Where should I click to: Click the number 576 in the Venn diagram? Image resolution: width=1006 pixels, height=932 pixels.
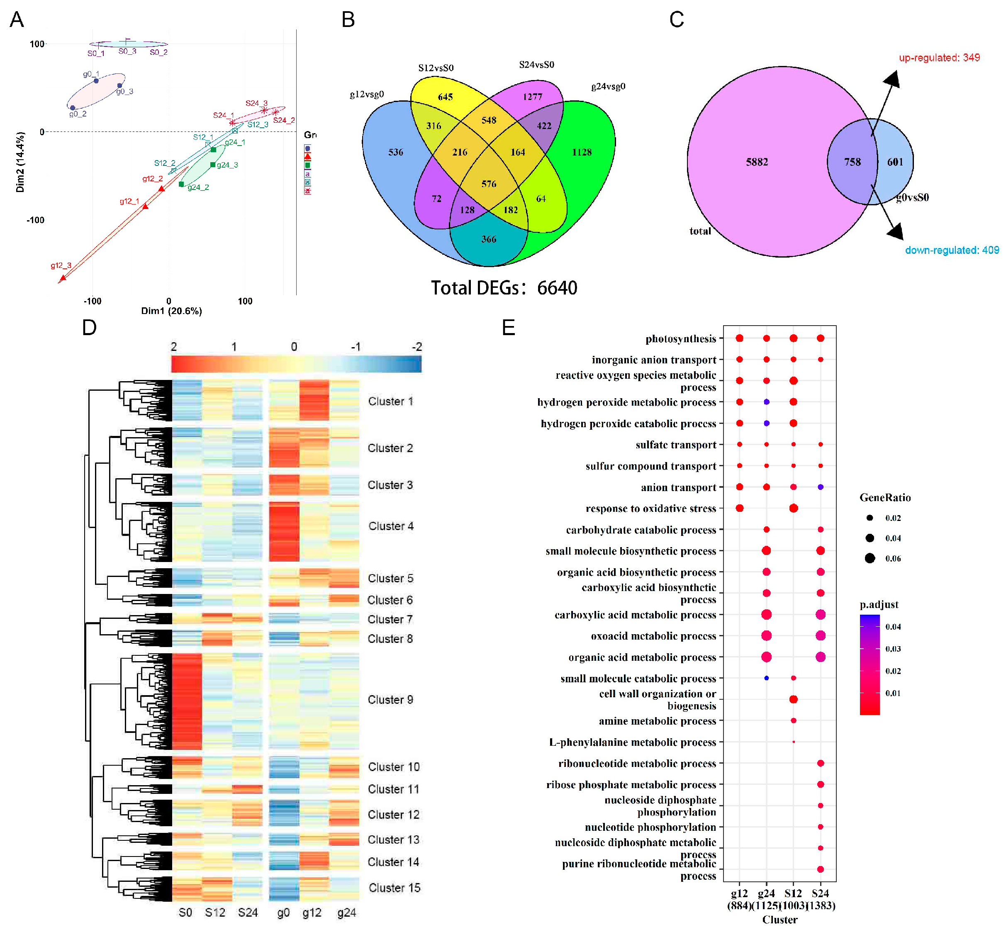(x=488, y=184)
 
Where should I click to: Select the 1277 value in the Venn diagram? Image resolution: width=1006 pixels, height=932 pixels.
(x=532, y=97)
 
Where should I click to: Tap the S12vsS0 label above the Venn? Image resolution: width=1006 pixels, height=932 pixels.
(x=436, y=68)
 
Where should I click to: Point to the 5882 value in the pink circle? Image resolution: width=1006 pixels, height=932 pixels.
(x=756, y=162)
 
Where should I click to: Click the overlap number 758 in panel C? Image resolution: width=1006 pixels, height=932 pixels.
(x=852, y=162)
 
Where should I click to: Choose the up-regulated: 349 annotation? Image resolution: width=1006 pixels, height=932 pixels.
(x=939, y=58)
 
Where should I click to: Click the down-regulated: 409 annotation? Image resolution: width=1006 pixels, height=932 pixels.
(x=952, y=250)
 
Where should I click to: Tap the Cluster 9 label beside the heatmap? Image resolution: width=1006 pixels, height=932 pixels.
(x=390, y=699)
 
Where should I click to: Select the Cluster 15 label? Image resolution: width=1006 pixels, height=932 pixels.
(x=394, y=888)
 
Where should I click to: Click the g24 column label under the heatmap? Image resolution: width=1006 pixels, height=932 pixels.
(x=346, y=913)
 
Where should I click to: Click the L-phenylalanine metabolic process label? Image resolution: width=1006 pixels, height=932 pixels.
(x=632, y=742)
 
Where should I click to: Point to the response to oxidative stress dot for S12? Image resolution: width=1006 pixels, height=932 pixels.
(x=793, y=509)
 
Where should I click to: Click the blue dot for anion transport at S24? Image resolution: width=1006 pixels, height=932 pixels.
(x=820, y=487)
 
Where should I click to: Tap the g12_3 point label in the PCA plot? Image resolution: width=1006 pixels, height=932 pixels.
(x=61, y=266)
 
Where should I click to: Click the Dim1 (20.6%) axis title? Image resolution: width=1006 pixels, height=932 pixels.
(x=171, y=311)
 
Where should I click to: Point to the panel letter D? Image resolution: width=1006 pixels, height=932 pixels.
(x=89, y=328)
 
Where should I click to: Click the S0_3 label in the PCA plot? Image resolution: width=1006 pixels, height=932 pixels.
(x=127, y=51)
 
